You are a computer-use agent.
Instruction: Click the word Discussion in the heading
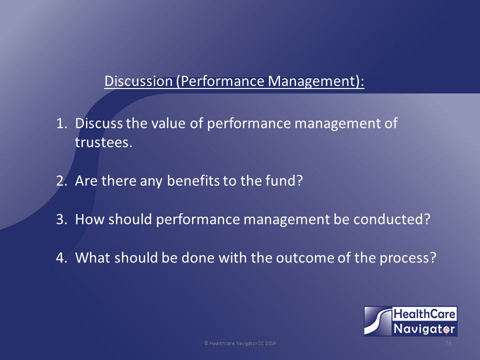coord(138,81)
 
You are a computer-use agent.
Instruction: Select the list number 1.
coord(61,123)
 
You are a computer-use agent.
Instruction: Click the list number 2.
coord(61,181)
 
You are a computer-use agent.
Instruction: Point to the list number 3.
coord(61,219)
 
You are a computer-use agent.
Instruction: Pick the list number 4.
coord(61,258)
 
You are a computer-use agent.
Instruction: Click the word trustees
coord(103,142)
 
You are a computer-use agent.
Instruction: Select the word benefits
coord(193,180)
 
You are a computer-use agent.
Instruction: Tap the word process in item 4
coord(408,258)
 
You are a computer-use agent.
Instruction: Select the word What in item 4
coord(92,258)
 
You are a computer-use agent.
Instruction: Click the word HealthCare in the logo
coord(424,314)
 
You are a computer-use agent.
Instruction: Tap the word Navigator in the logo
coord(424,329)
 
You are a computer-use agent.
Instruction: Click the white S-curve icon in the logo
coord(378,321)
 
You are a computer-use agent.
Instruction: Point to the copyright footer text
coord(239,343)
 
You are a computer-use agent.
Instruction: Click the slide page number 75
coord(448,343)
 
